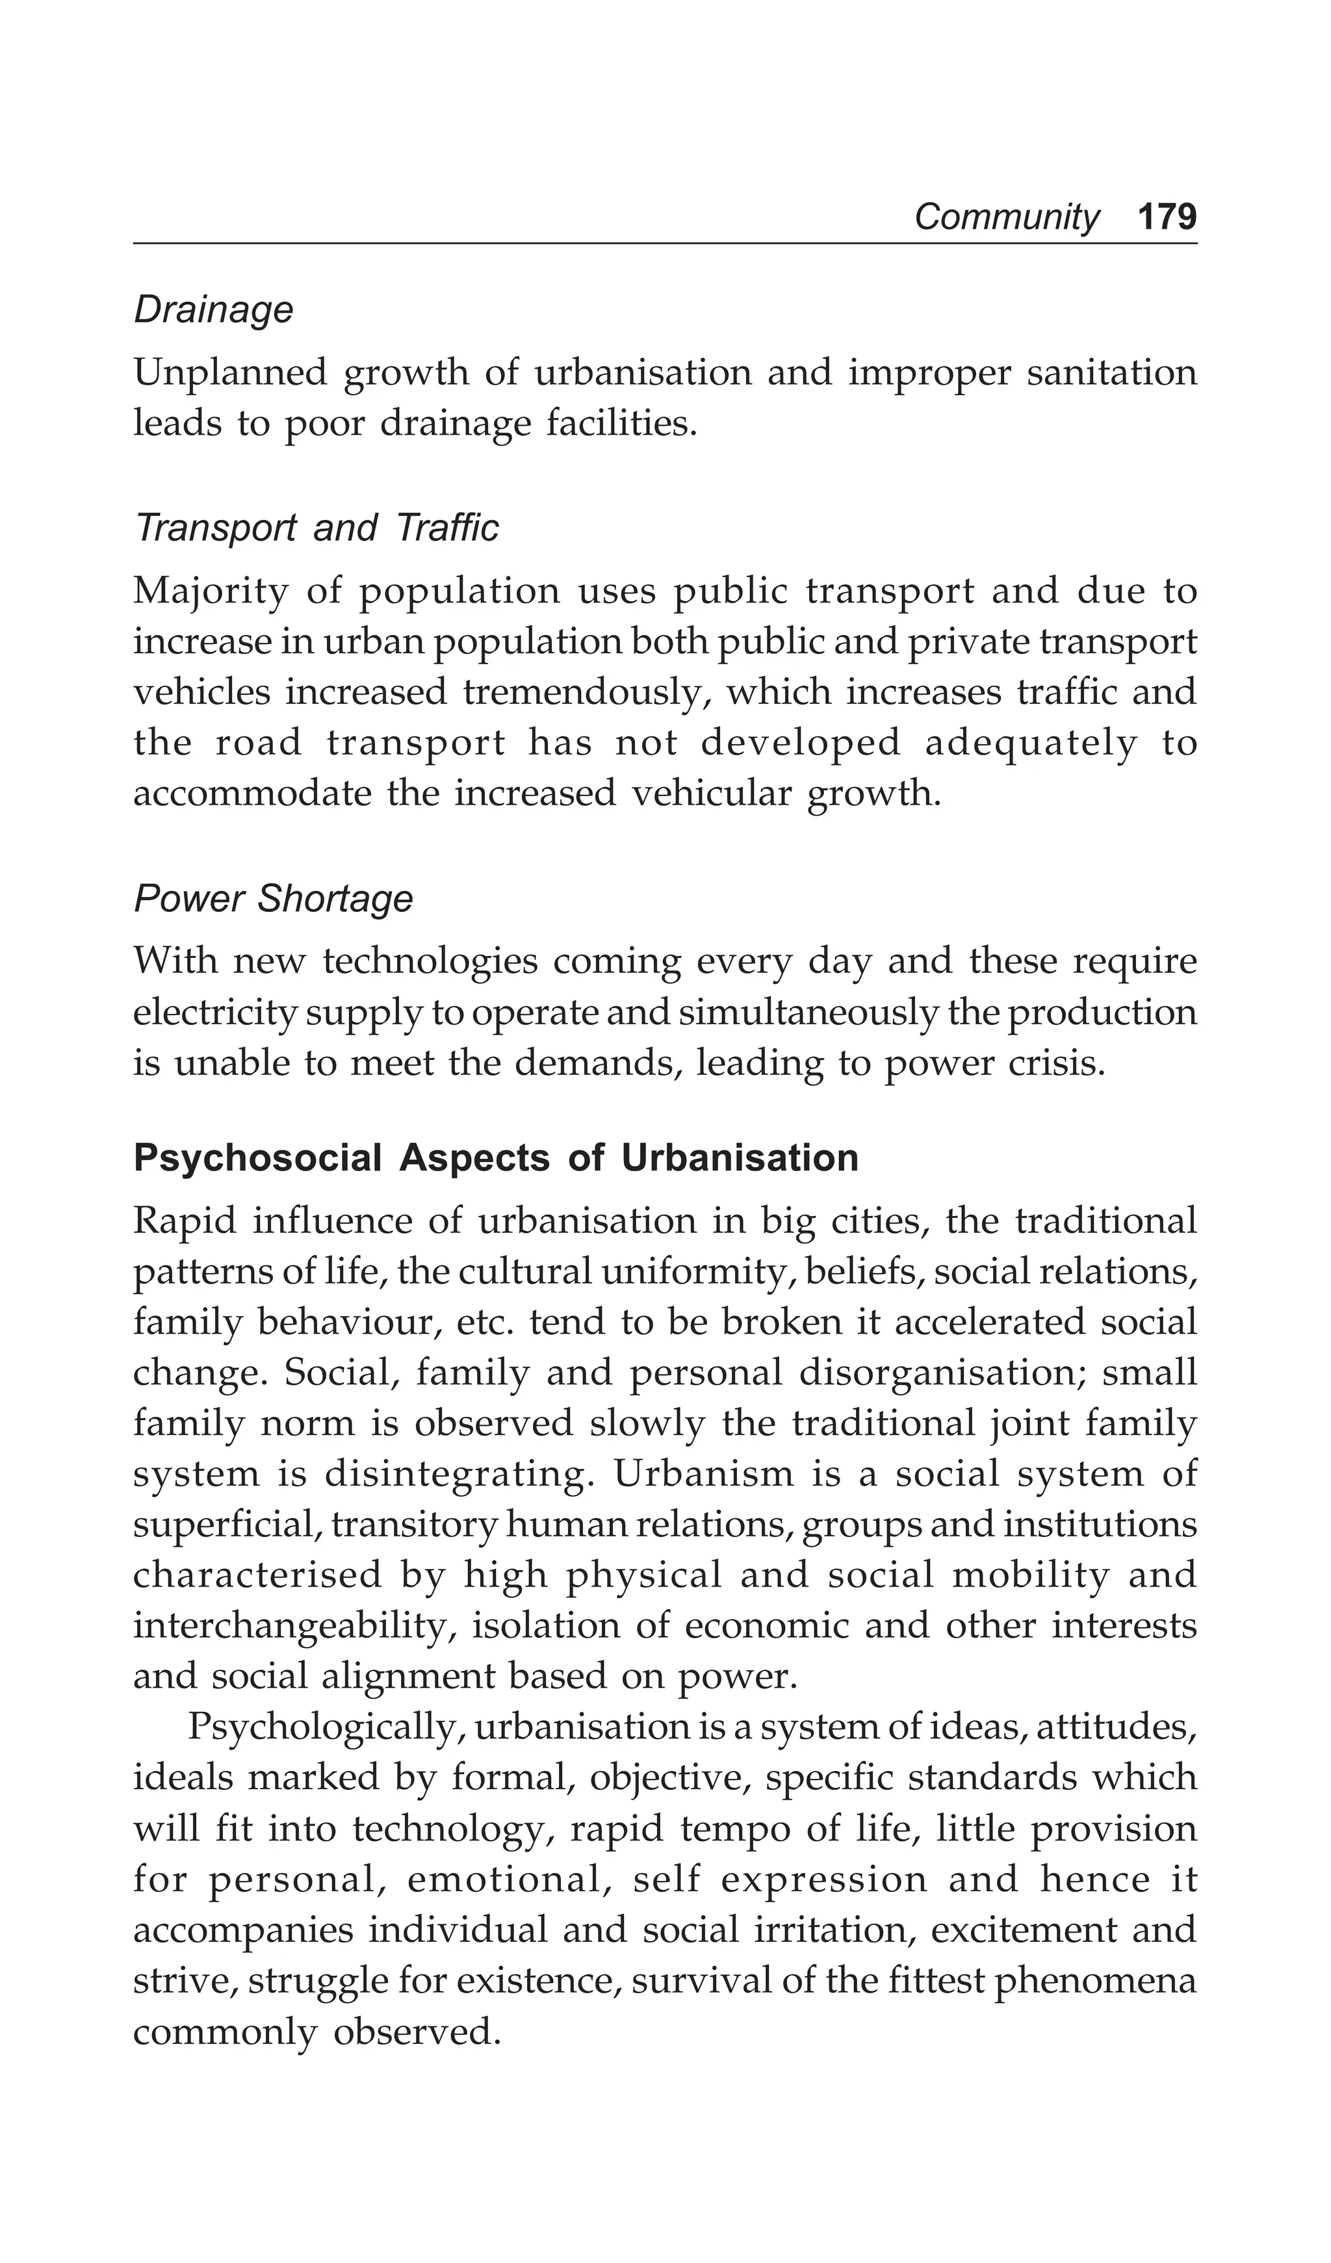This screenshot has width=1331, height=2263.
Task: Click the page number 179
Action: [1166, 217]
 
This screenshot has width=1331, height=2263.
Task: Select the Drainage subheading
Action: [214, 311]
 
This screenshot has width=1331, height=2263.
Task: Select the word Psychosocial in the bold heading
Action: [258, 1158]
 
